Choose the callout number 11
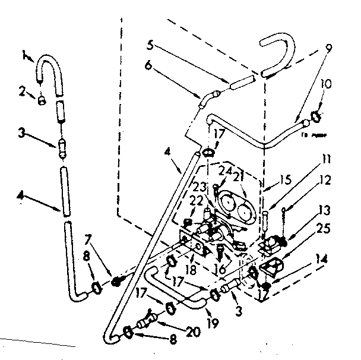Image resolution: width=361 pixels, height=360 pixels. (327, 159)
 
